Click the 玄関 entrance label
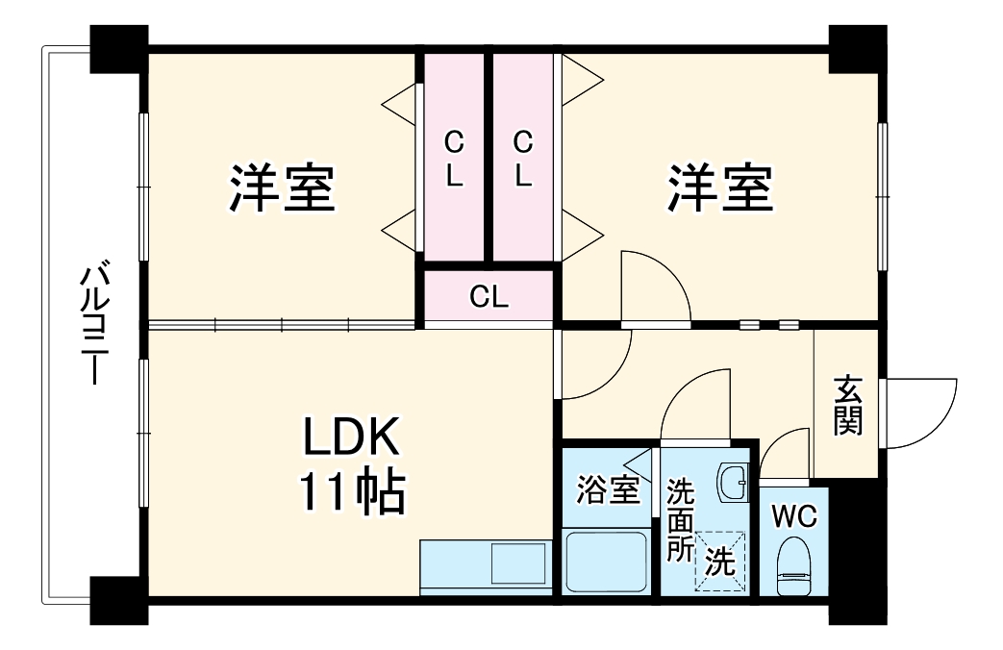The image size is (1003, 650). click(x=847, y=404)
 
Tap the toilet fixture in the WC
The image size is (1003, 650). click(x=793, y=565)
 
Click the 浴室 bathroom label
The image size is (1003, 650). click(x=608, y=490)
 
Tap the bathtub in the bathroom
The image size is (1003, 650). click(x=606, y=562)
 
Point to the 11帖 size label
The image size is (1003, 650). click(x=351, y=492)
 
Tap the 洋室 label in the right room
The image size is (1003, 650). click(x=721, y=188)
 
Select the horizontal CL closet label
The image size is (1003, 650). click(x=489, y=298)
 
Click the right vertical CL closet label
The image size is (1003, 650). click(x=522, y=160)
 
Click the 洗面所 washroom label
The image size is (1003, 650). click(x=681, y=519)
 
